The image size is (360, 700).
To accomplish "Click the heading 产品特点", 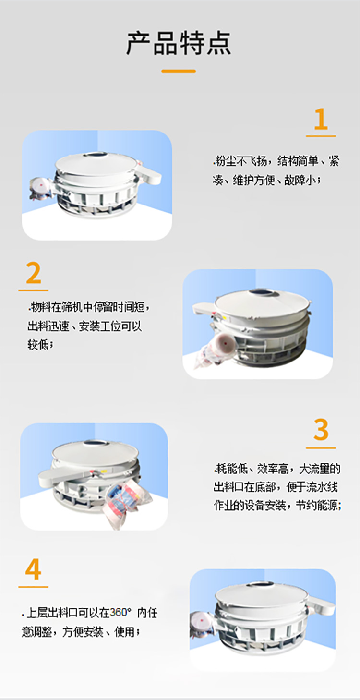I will click(179, 43).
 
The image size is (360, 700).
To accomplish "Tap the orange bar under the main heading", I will click(179, 71).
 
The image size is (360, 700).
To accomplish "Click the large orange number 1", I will click(321, 120).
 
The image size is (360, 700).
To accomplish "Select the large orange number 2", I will click(33, 274).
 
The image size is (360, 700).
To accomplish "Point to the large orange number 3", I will click(321, 430).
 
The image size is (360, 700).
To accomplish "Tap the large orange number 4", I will click(33, 570).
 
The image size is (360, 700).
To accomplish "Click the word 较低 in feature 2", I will click(37, 345).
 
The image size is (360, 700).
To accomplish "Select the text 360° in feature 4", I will click(120, 613).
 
